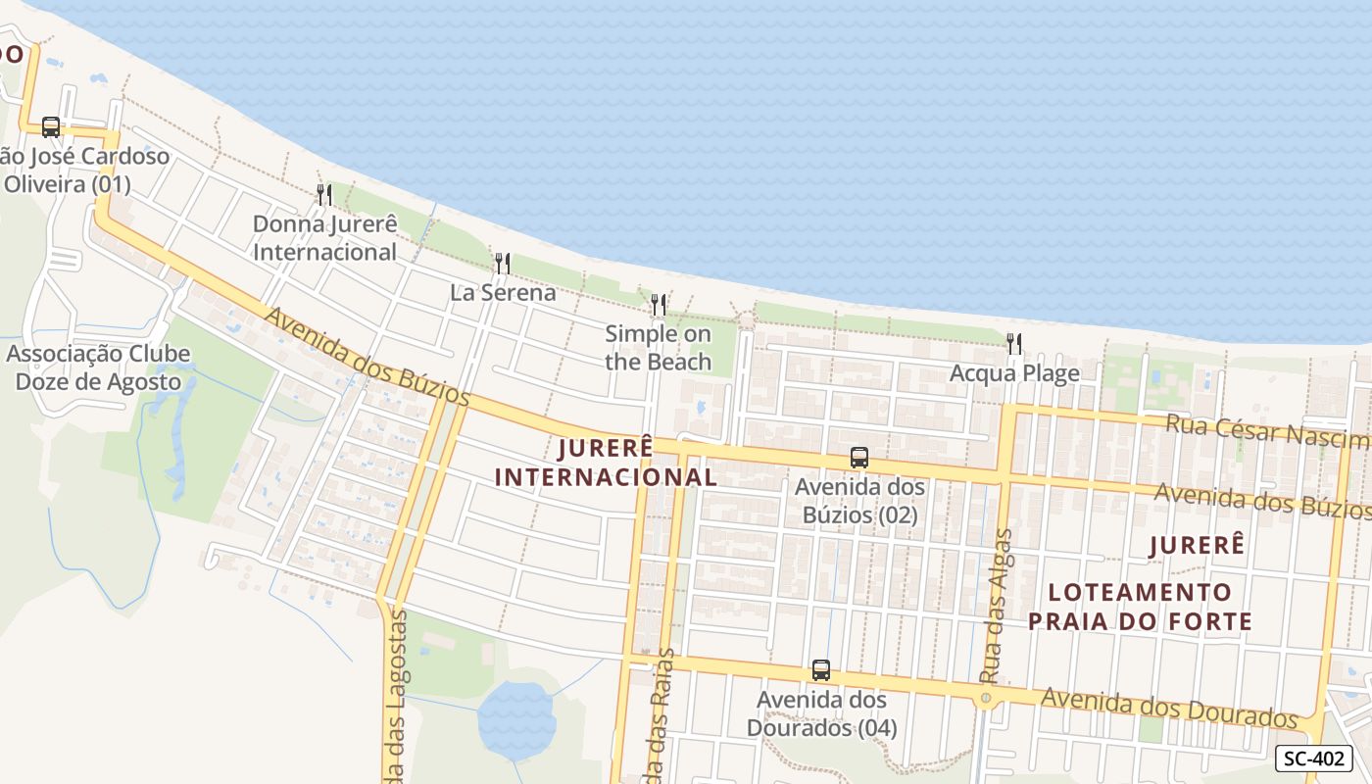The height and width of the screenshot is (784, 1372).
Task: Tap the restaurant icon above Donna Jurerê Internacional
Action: tap(324, 194)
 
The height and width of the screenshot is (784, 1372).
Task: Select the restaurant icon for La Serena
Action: tap(503, 263)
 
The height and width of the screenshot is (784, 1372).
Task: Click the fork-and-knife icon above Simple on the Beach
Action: tap(659, 304)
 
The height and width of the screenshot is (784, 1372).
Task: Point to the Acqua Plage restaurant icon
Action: tap(1014, 343)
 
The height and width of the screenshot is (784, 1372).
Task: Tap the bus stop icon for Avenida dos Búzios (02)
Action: tap(859, 458)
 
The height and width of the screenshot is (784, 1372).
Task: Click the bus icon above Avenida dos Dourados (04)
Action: tap(821, 670)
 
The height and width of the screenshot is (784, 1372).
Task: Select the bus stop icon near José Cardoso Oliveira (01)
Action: tap(51, 127)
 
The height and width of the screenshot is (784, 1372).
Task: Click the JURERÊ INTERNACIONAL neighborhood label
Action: tap(606, 463)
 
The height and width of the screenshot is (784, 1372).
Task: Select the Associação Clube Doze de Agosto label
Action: tap(98, 367)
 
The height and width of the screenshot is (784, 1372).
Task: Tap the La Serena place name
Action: tap(503, 292)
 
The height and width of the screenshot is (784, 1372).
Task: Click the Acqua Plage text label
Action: tap(1014, 373)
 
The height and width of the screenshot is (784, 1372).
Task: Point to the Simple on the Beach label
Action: tap(658, 348)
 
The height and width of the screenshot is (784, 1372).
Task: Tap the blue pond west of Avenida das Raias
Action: tap(515, 720)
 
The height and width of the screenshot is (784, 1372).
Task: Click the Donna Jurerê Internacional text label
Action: tap(324, 238)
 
